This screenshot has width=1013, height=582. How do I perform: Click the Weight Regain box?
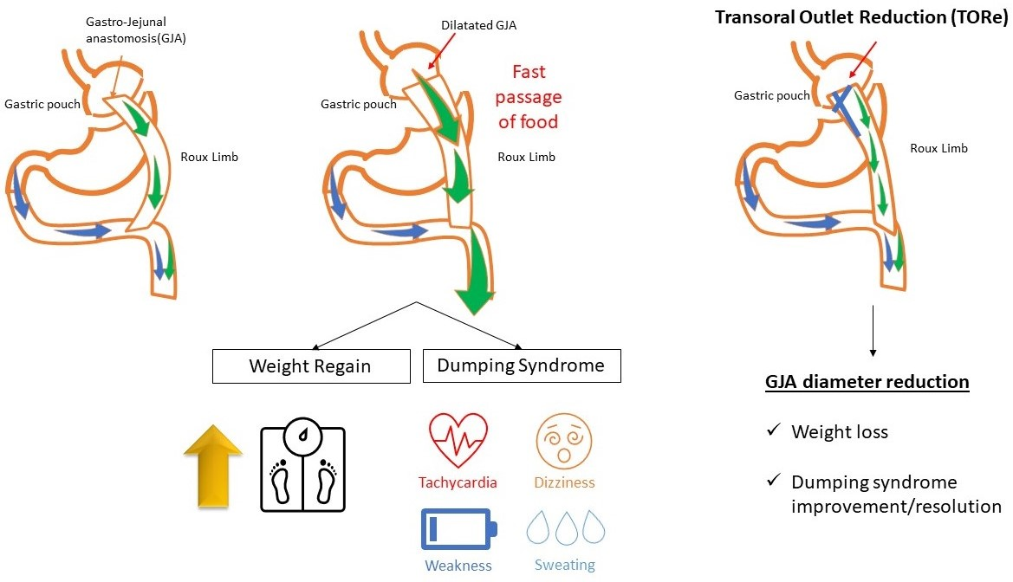(310, 366)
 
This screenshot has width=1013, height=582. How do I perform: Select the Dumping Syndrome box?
(521, 365)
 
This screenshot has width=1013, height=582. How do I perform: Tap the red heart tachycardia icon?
(458, 441)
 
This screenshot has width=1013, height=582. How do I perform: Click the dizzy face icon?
(564, 441)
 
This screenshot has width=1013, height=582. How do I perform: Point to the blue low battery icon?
(458, 529)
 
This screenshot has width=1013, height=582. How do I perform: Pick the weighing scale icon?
(302, 466)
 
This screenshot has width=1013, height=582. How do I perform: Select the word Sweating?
(564, 565)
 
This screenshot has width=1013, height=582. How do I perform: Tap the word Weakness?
(458, 566)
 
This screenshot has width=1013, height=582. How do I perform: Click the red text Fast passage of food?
(529, 96)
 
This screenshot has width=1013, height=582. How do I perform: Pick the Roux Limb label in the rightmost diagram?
(938, 148)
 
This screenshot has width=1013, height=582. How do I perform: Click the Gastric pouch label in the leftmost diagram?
(43, 104)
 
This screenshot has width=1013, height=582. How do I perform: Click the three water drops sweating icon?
(564, 527)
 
